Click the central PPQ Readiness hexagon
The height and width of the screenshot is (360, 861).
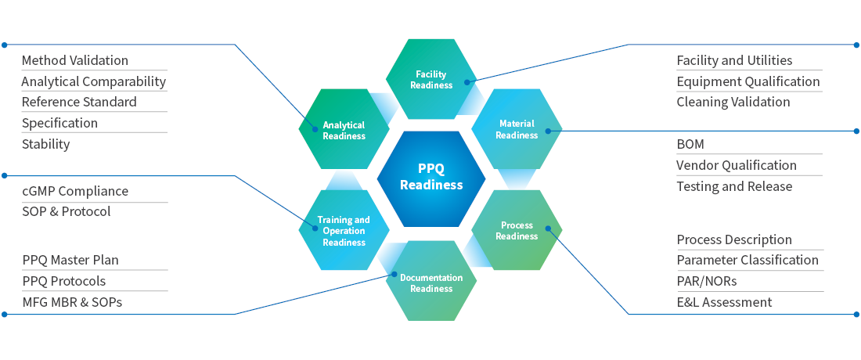pos(431,178)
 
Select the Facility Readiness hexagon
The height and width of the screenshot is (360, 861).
pos(431,79)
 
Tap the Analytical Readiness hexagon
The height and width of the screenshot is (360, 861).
pos(344,130)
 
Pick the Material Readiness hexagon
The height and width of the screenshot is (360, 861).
pos(517,129)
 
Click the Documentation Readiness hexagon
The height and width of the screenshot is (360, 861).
pos(431,283)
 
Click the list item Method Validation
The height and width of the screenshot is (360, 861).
pos(75,60)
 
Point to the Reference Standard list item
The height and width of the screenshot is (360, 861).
pos(79,102)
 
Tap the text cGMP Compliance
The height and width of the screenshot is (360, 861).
pos(75,191)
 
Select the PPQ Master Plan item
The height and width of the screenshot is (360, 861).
pos(70,260)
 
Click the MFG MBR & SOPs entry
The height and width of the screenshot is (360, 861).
pos(72,302)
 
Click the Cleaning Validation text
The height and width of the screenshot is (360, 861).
pos(733,102)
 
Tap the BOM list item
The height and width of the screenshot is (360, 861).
pos(690,144)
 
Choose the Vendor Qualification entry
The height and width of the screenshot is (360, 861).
pos(737,165)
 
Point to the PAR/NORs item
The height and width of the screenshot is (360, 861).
pos(707,281)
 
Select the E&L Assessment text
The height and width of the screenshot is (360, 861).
pos(724,302)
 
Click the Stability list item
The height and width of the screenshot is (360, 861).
pos(45,144)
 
